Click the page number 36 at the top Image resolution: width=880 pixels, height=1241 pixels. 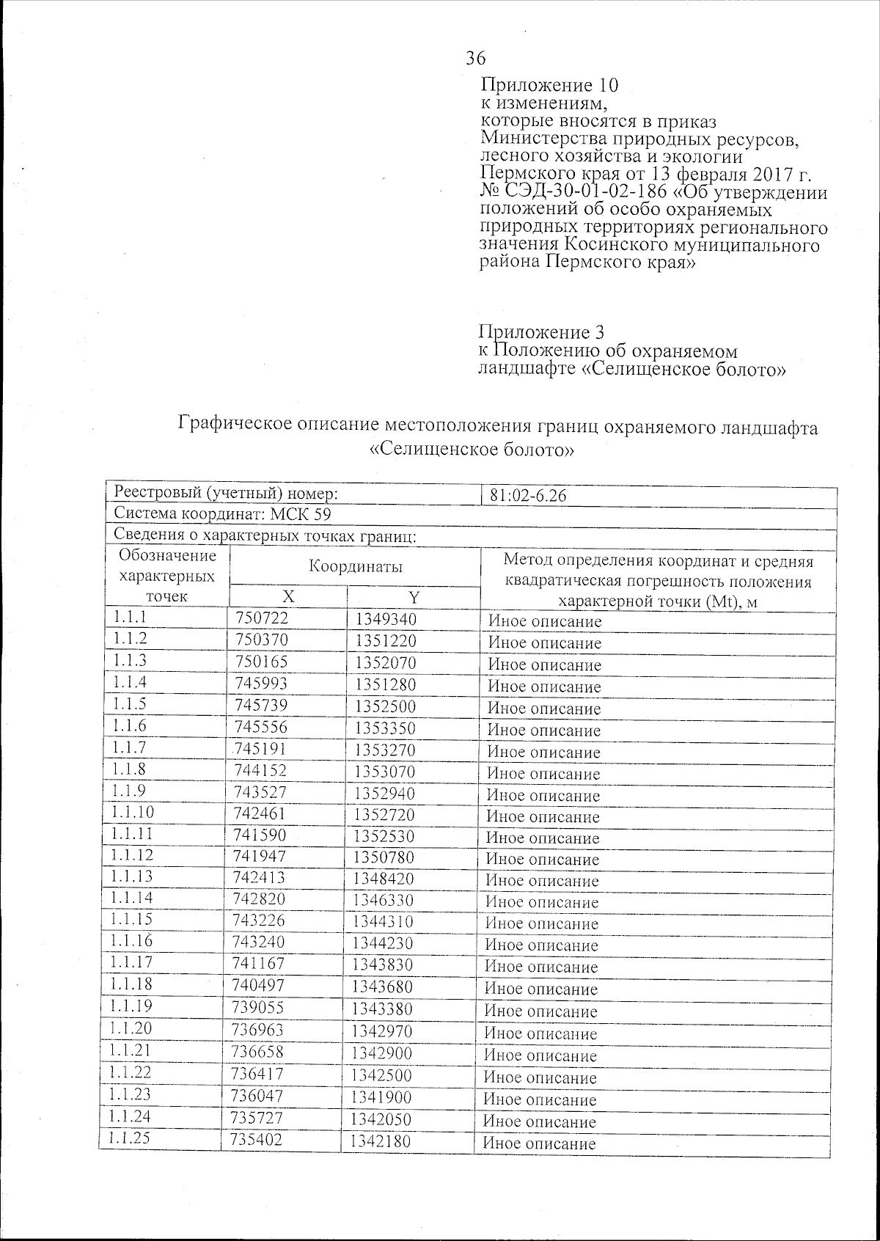click(475, 59)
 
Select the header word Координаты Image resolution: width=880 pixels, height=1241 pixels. click(355, 567)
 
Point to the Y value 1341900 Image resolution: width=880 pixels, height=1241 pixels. click(381, 1097)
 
